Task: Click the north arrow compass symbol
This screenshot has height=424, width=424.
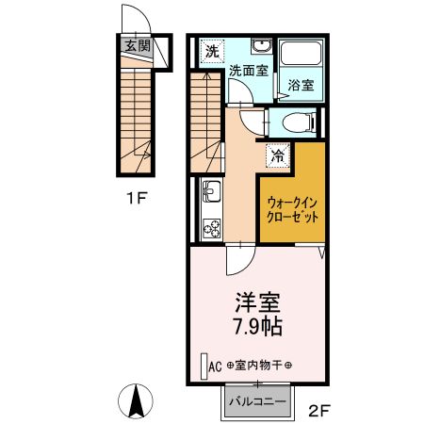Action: pos(137,402)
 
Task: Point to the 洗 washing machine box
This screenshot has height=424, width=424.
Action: pos(213,51)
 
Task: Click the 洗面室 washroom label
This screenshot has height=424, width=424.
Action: pos(248,72)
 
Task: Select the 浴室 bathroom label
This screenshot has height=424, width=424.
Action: pos(301,85)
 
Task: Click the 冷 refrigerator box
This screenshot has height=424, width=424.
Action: pos(278,156)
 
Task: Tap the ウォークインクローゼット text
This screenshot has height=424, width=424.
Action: pos(292,208)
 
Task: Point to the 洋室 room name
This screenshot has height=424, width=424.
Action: pos(257,304)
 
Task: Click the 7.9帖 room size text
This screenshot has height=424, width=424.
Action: pos(257,329)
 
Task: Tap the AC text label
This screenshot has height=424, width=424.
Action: pos(215,366)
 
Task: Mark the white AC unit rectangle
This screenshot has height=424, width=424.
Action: pos(202,366)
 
